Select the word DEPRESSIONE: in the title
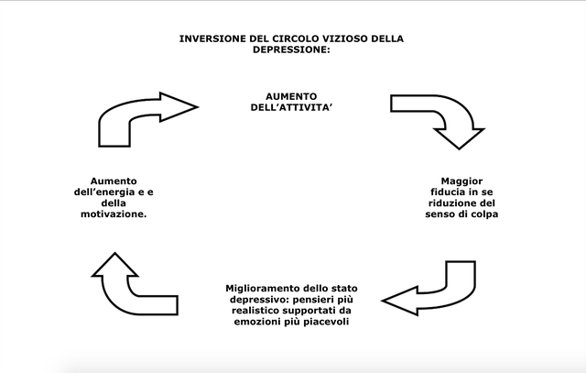coord(291,49)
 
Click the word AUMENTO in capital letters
coord(291,96)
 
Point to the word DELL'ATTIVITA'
coord(291,107)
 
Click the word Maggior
coord(461,181)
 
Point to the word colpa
coord(483,214)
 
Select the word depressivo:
coord(260,300)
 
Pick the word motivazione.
coord(114,214)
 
